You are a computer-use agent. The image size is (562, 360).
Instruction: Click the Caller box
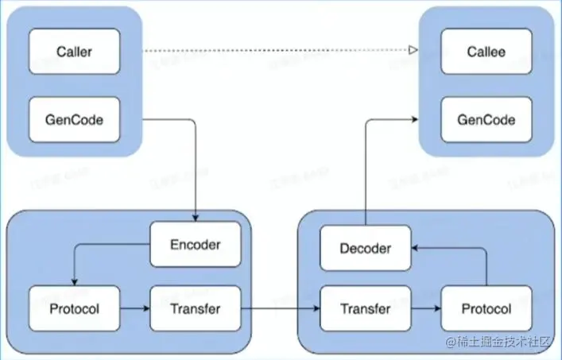tap(75, 52)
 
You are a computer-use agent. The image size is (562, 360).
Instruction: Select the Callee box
tap(486, 52)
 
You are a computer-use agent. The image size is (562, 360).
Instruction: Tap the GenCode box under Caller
tap(75, 120)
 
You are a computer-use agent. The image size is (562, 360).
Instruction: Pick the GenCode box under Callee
tap(486, 120)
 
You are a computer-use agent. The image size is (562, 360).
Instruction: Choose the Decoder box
tap(366, 249)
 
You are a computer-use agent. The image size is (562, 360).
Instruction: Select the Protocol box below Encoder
tap(75, 308)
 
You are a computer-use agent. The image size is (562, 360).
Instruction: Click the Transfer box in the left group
tap(196, 308)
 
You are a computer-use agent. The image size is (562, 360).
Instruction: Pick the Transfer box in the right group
tap(366, 308)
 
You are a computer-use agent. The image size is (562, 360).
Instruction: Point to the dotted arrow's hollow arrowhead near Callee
tap(413, 52)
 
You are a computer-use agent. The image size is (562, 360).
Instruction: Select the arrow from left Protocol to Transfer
tap(135, 308)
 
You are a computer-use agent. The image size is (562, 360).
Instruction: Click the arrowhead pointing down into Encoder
tap(196, 217)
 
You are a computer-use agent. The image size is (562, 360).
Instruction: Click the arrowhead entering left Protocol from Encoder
tap(74, 281)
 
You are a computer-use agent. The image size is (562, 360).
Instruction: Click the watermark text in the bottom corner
tap(499, 343)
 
